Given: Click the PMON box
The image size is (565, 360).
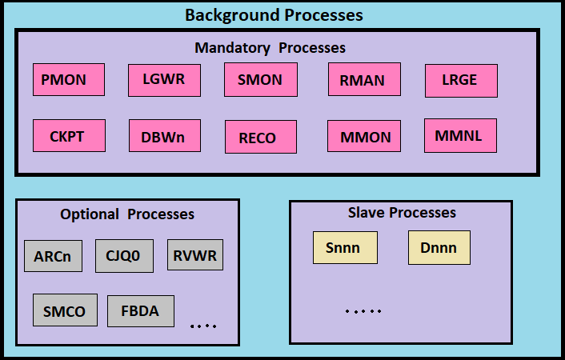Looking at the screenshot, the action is point(69,80).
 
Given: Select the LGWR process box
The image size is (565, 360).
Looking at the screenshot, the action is point(164,80).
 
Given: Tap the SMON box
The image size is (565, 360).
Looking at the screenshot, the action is point(261,80).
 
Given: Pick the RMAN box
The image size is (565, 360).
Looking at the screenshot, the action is point(364,79).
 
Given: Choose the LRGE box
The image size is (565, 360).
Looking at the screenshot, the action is point(461,81).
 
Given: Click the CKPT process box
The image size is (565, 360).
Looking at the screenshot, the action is point(69,135).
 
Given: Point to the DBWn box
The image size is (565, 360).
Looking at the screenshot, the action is point(165,136).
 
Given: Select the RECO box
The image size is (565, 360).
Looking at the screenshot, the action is point(261,137).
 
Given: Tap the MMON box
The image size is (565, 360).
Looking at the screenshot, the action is point(364,136).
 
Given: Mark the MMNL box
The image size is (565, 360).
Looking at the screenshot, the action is point(460,136).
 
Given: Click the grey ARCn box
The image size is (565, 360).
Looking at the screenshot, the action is point(54,256).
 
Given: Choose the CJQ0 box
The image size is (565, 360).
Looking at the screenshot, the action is point(124,256).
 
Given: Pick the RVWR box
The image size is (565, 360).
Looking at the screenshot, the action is point(195,254).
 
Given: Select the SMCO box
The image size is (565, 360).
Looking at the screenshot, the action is point(65,310).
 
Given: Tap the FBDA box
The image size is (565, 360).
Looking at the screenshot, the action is point(141,311).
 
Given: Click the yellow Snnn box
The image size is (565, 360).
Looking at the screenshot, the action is point(345,247).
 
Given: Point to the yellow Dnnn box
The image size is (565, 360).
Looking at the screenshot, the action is point(439,247).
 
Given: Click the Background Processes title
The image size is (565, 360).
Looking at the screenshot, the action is point(274,15).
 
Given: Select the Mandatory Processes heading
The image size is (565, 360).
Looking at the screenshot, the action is point(270,48).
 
